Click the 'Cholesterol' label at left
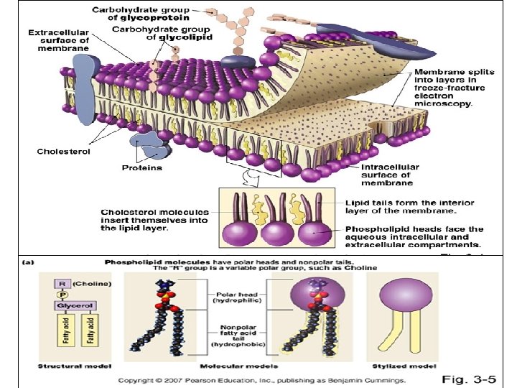pos(62,152)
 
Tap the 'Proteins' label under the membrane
pos(142,168)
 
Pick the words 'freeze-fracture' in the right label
pos(444,88)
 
